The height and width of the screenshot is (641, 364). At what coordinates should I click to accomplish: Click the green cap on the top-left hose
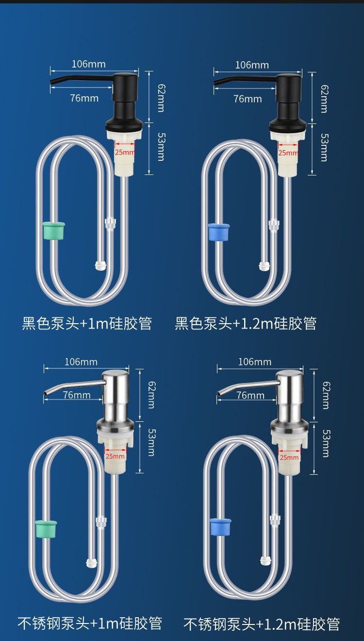click(x=53, y=230)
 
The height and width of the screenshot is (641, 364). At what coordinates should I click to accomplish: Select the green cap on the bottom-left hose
click(x=46, y=529)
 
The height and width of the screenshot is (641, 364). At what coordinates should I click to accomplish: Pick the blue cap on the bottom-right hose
click(x=220, y=527)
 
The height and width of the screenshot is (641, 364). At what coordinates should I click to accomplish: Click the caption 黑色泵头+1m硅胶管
click(x=87, y=323)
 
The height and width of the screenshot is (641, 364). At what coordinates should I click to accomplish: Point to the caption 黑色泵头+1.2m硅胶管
click(x=246, y=323)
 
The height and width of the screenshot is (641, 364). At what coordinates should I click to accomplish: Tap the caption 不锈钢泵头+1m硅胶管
click(x=90, y=623)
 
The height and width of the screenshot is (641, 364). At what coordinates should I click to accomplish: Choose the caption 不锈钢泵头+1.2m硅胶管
click(x=262, y=624)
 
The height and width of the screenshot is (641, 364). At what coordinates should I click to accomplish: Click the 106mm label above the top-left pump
click(x=88, y=64)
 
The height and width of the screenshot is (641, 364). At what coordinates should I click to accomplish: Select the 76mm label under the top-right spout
click(x=248, y=99)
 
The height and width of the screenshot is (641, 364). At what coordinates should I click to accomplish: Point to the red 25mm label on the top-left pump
click(x=125, y=152)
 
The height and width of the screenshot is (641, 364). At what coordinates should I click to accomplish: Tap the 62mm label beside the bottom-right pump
click(x=326, y=395)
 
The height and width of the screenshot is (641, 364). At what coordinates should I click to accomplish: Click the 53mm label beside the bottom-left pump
click(x=151, y=442)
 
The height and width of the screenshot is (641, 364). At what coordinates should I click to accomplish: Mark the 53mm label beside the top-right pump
click(x=324, y=147)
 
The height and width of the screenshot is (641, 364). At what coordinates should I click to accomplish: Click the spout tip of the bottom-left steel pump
click(x=45, y=393)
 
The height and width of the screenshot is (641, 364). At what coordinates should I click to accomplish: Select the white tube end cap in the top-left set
click(x=100, y=265)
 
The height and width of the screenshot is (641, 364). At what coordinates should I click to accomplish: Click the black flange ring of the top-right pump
click(x=288, y=125)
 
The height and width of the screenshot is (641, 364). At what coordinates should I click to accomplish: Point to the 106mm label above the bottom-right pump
click(x=255, y=362)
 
